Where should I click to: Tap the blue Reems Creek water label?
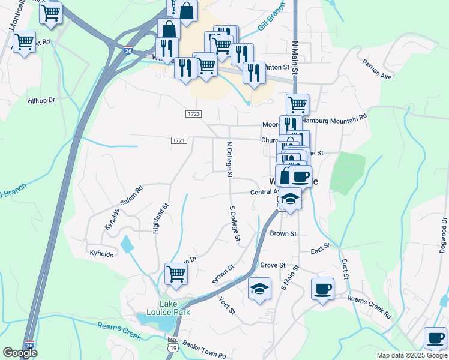[119, 331]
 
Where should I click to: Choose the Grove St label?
[272, 265]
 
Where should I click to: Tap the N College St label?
[229, 160]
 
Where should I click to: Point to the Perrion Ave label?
[377, 69]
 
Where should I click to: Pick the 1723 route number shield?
[193, 113]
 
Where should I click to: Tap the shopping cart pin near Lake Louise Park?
[176, 274]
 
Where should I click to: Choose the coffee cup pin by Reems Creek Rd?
[322, 289]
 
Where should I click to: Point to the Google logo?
[20, 353]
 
